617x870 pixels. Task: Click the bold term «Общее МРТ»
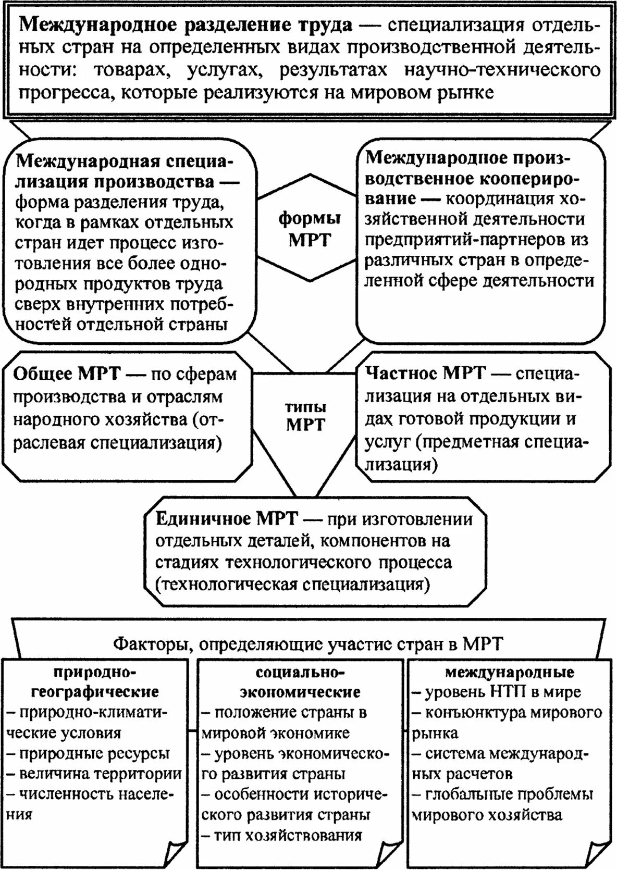coord(67,374)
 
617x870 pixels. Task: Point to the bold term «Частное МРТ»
coord(425,374)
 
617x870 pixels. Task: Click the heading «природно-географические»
coord(95,681)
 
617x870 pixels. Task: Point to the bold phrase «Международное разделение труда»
coord(185,25)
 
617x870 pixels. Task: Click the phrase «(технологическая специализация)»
coord(293,583)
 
